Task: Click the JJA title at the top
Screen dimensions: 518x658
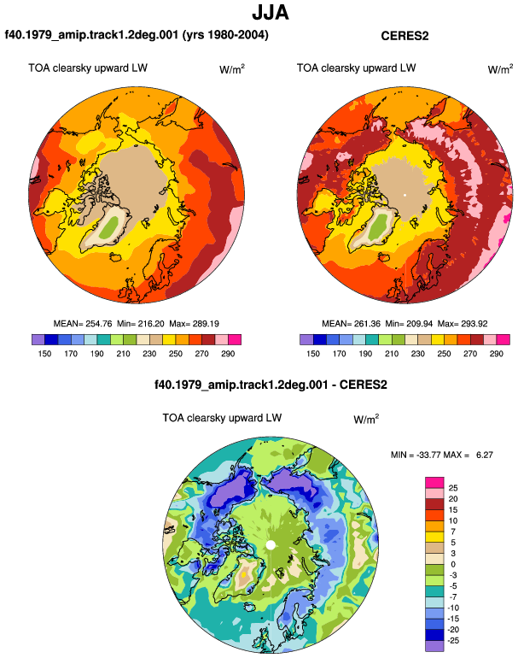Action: click(271, 13)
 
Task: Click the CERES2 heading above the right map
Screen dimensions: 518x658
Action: click(405, 36)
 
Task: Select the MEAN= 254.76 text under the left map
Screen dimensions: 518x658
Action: click(83, 324)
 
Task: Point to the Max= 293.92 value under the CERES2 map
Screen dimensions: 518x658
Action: click(463, 324)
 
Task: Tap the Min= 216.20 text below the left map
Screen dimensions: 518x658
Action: click(141, 324)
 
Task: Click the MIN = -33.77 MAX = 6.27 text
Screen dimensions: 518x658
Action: click(442, 455)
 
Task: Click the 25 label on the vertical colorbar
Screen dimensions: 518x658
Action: click(452, 488)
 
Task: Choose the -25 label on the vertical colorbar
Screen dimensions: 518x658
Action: click(452, 641)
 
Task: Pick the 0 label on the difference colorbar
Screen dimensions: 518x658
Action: click(452, 564)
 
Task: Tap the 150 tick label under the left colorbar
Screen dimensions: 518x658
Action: click(44, 354)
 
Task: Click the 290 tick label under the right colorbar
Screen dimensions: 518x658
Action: click(496, 354)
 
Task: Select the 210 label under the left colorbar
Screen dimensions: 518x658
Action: click(123, 354)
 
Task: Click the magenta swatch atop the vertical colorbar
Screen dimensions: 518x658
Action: click(434, 483)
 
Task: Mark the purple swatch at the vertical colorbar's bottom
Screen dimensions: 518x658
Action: click(434, 646)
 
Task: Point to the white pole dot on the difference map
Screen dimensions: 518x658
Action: click(271, 545)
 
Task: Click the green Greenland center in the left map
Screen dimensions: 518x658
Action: click(110, 226)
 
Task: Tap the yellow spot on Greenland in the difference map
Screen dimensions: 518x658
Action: click(243, 574)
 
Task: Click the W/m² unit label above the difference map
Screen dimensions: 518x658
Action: click(366, 419)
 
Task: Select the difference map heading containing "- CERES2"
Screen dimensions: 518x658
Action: click(271, 385)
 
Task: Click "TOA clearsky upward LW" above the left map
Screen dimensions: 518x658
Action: click(88, 68)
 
